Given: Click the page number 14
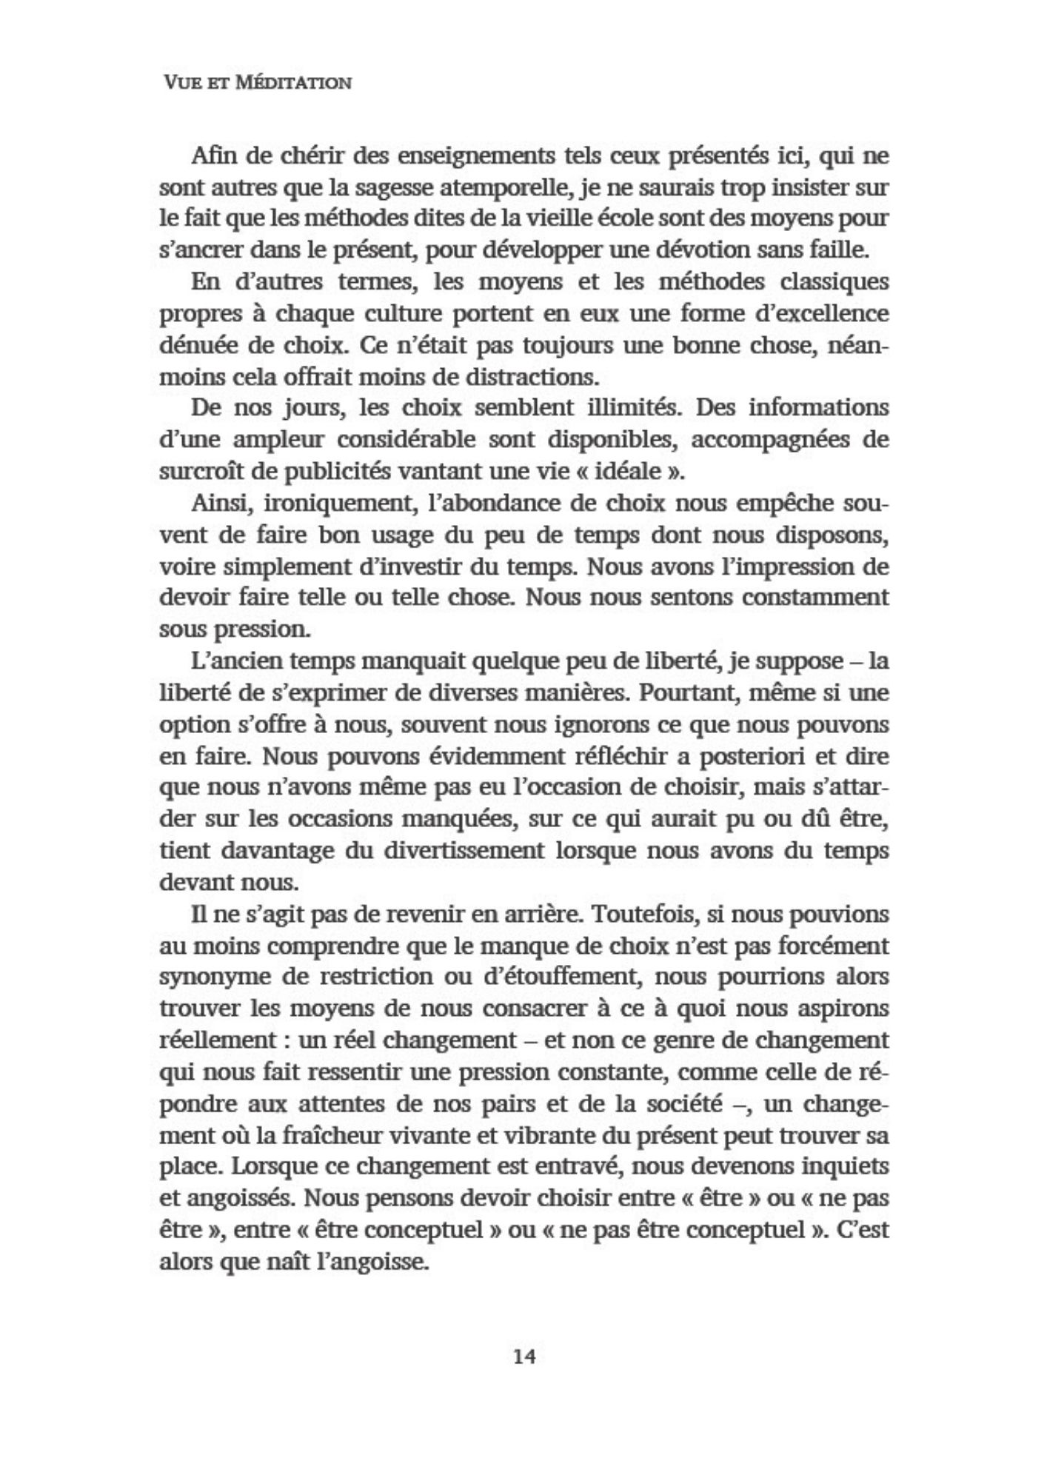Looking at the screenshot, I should pyautogui.click(x=523, y=1356).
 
